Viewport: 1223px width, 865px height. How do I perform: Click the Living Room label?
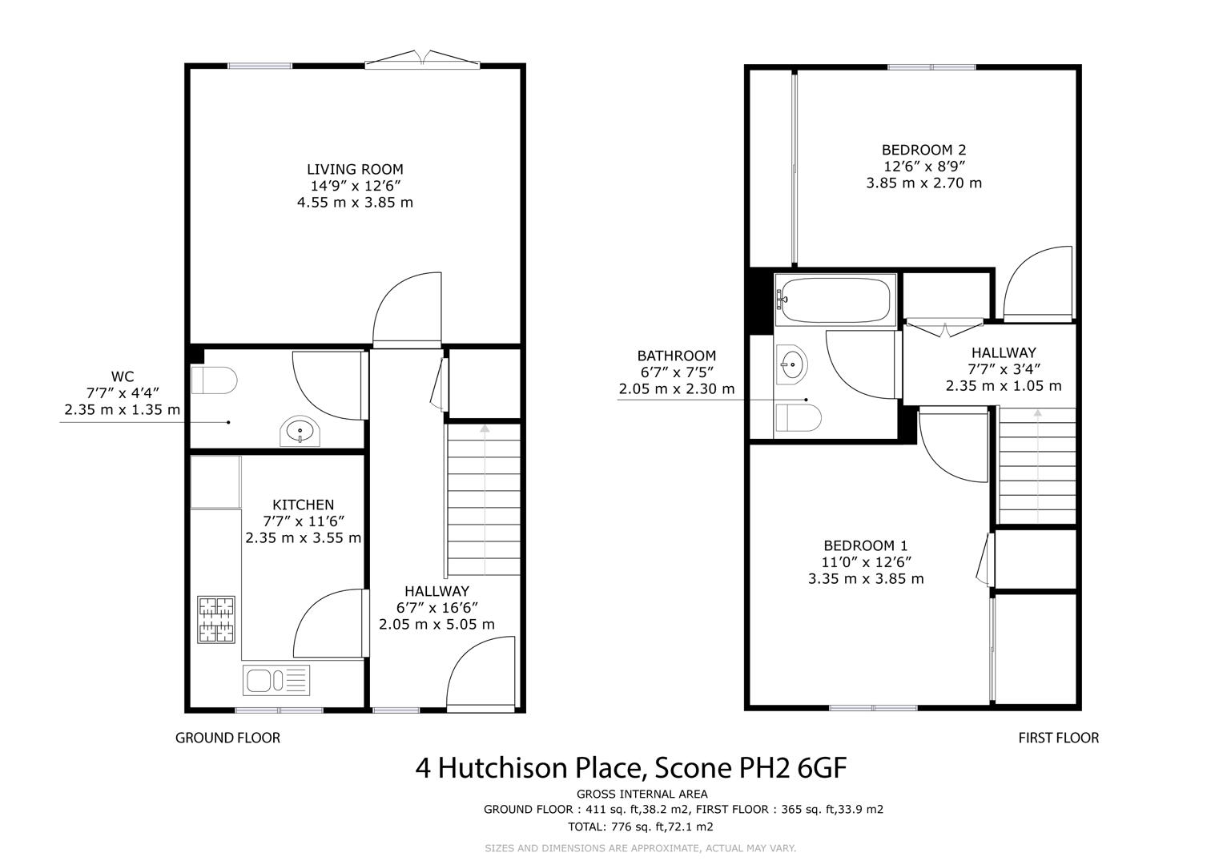(354, 169)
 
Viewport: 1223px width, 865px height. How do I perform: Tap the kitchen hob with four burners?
(216, 619)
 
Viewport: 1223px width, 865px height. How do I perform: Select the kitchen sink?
(276, 680)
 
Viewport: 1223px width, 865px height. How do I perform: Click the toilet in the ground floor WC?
(214, 380)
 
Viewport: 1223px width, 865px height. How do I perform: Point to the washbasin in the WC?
(300, 431)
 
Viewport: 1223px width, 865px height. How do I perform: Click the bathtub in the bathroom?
(835, 300)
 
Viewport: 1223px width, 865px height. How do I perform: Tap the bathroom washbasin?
(791, 364)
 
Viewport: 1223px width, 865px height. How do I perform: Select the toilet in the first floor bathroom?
(799, 418)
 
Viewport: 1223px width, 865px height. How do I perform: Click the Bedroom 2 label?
(923, 150)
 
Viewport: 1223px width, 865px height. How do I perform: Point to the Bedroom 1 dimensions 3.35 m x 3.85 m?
(866, 578)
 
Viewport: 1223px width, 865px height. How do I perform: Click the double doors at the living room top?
(422, 59)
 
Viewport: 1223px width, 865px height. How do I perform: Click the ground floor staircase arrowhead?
(485, 428)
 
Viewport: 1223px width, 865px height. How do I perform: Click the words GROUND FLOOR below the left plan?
(227, 738)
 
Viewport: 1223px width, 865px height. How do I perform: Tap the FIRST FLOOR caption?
(1059, 738)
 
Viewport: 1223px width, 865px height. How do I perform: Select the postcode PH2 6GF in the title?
(793, 768)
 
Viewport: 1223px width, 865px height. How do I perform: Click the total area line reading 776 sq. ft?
(641, 827)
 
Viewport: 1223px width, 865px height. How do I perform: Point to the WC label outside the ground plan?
(123, 376)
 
